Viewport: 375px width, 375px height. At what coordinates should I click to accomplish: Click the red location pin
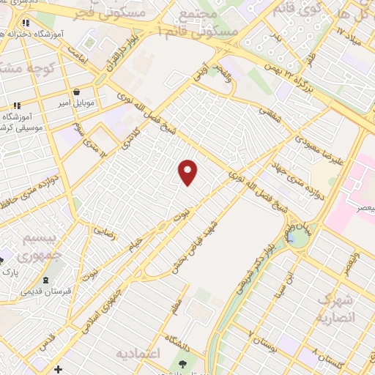[188, 171]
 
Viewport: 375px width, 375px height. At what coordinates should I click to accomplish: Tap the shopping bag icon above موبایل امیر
[77, 93]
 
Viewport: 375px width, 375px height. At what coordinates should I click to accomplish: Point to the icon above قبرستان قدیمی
[46, 280]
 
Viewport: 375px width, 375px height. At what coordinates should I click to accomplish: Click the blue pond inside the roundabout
[292, 237]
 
